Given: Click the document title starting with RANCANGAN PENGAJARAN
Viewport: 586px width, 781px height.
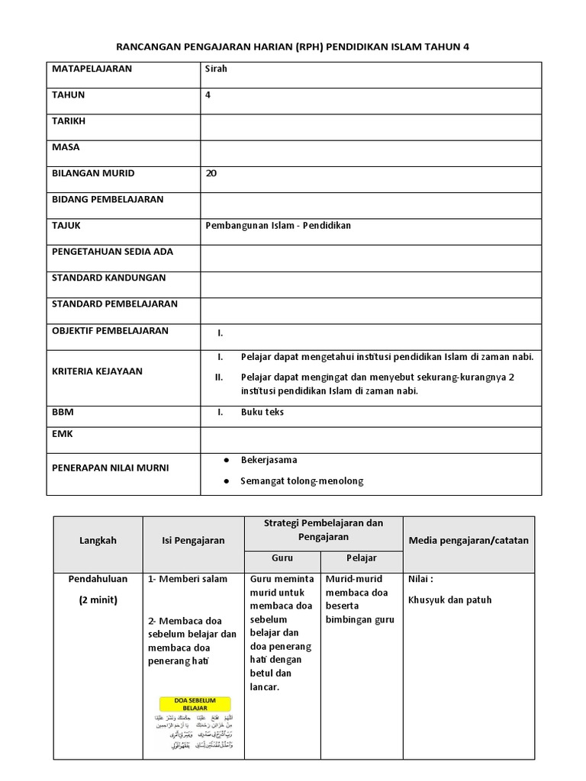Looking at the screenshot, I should tap(293, 47).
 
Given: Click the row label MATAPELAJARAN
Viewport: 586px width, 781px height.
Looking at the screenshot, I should tap(92, 69).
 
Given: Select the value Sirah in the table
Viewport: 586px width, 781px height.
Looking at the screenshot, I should tap(217, 69).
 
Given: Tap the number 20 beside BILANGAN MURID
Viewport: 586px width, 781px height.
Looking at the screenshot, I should tap(211, 173).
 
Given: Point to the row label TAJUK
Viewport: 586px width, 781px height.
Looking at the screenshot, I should tap(66, 226).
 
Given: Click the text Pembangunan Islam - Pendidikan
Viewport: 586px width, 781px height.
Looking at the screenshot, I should tap(278, 226).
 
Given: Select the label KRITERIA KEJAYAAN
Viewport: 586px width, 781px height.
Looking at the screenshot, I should tap(97, 371).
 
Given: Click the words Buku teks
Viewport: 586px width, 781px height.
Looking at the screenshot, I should tap(262, 412).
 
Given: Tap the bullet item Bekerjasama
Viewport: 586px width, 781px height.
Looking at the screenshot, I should tap(269, 460).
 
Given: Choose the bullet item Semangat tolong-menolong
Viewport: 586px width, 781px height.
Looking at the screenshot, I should tap(301, 481).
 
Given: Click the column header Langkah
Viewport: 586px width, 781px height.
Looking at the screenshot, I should tap(98, 541).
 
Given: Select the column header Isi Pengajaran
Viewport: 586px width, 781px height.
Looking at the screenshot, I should tap(193, 541).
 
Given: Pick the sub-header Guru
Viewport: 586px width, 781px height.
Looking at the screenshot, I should tap(282, 558).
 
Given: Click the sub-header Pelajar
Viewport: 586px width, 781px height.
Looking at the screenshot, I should tap(362, 558).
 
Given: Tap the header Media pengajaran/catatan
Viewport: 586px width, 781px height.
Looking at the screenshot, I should tap(468, 541).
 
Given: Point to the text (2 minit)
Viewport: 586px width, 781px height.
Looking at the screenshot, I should tap(98, 600).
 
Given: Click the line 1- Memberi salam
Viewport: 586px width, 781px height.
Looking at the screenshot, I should tap(188, 579).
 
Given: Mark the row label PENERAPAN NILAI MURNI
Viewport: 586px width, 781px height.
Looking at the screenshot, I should tap(110, 468).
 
